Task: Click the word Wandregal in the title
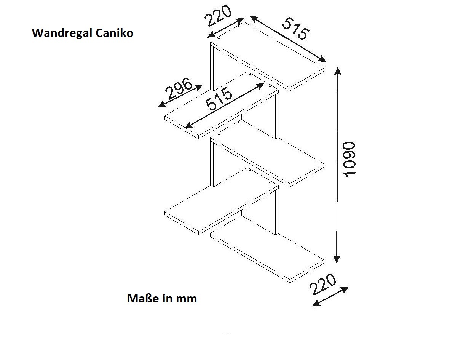click(x=62, y=33)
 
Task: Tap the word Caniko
click(x=114, y=33)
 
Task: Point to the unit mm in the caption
click(x=186, y=299)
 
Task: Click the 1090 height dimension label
click(x=349, y=159)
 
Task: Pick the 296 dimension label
click(x=179, y=88)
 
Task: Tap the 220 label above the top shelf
click(x=218, y=16)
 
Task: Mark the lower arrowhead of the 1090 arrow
click(x=337, y=259)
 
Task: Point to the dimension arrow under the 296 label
click(x=180, y=96)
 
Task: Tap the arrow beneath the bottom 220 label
click(x=330, y=296)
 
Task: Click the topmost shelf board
click(x=267, y=56)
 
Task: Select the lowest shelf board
click(x=267, y=249)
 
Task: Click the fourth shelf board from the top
click(x=221, y=201)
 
